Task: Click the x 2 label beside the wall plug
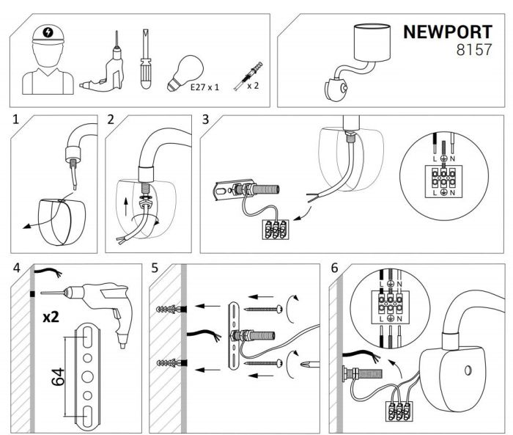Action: (254, 85)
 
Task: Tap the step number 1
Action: (16, 119)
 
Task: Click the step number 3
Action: (206, 120)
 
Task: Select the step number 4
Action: (16, 268)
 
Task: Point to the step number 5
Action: (155, 268)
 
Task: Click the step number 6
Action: (335, 268)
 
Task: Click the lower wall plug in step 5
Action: (168, 363)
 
